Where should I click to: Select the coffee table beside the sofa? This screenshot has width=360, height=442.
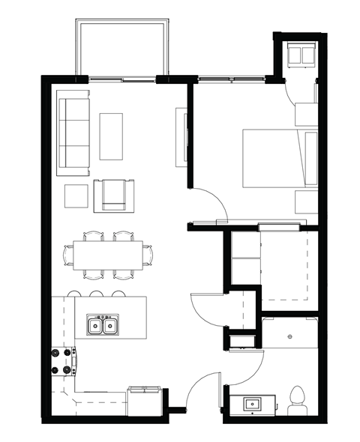tap(111, 136)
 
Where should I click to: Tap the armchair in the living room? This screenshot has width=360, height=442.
tap(114, 195)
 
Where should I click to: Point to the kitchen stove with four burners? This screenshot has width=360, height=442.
tap(64, 360)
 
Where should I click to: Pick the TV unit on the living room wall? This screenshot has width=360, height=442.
tap(180, 136)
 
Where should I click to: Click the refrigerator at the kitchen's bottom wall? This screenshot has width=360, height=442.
tap(144, 400)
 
